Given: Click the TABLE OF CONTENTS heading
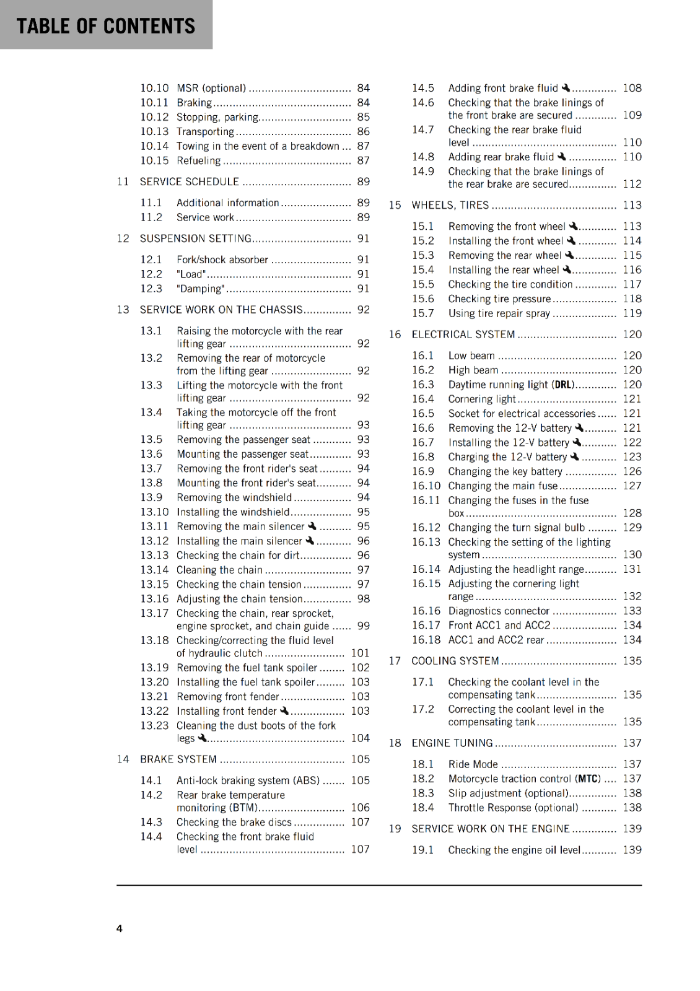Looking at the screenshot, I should (x=106, y=26).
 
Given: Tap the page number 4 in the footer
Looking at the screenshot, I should (x=120, y=928).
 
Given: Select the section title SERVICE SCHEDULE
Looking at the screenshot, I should (x=189, y=181).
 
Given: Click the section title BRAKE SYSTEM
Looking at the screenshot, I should (x=178, y=759).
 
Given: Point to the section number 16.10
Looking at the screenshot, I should (x=426, y=486).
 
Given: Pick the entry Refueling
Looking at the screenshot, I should (x=198, y=161).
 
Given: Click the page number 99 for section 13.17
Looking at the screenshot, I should (x=364, y=626).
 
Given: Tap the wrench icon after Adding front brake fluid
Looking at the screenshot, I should (x=566, y=88).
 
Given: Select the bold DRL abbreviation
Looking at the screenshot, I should (x=564, y=385).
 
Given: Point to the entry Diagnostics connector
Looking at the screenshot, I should (x=499, y=611).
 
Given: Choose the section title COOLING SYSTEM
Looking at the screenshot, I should (x=455, y=661).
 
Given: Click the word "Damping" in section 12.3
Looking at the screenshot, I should (x=201, y=289).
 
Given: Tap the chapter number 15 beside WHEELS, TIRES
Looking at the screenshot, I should (x=395, y=205).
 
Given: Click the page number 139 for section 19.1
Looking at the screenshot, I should (x=632, y=850).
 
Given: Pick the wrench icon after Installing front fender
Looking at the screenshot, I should (x=284, y=711).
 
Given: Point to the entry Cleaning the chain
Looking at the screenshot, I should (x=219, y=570).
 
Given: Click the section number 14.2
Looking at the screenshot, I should (x=151, y=795).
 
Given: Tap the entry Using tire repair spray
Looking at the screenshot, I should (x=499, y=313).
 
